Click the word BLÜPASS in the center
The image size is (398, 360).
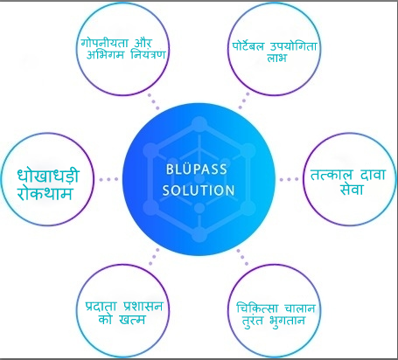197,170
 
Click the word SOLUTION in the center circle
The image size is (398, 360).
199,190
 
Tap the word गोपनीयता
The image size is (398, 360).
105,43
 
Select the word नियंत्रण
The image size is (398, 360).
148,54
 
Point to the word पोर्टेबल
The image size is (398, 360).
248,46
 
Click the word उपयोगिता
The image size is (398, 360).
293,46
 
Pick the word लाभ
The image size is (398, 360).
276,58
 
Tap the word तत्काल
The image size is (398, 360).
332,175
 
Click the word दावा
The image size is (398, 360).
373,175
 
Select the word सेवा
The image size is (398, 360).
352,190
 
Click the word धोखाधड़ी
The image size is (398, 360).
48,176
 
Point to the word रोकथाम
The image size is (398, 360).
45,193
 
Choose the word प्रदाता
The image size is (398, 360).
101,307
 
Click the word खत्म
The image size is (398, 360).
132,320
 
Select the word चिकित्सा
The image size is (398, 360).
257,308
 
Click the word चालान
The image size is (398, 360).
300,308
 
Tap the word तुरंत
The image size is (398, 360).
253,321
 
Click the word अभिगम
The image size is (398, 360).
105,54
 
